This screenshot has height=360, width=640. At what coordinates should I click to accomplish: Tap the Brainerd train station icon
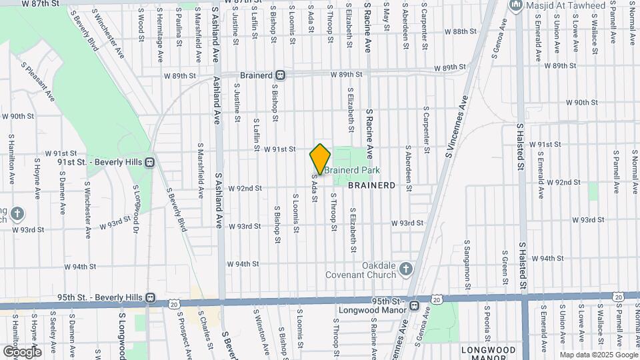tap(281, 75)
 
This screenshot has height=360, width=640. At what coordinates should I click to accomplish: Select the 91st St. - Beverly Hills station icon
tap(150, 161)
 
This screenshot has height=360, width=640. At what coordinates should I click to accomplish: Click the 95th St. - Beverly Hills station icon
tap(151, 297)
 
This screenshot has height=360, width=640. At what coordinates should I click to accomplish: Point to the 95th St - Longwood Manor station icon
tap(414, 306)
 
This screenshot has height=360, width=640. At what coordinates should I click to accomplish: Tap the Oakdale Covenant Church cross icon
tap(406, 268)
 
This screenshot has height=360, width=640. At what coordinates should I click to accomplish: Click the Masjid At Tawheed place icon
tap(515, 6)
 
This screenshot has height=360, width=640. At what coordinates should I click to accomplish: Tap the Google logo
tap(21, 351)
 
